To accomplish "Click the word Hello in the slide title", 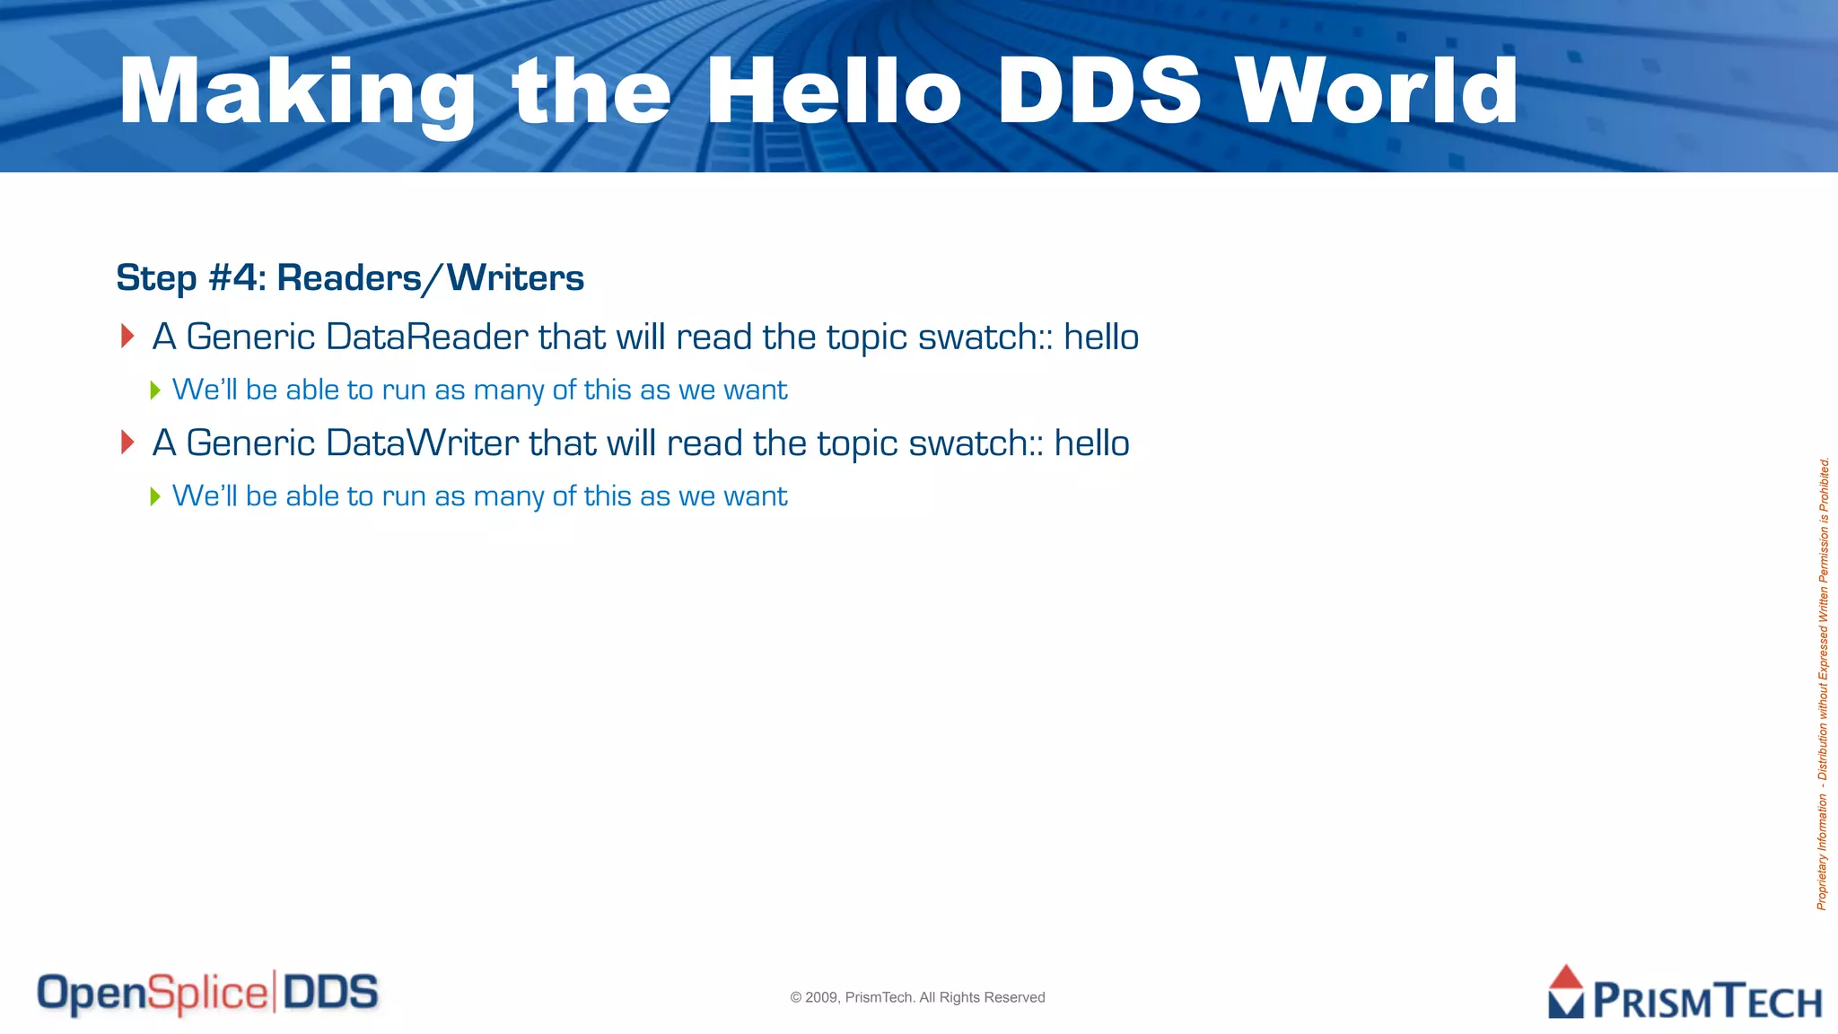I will (x=834, y=91).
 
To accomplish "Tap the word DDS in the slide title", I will (x=1098, y=91).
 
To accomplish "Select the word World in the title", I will (x=1376, y=91).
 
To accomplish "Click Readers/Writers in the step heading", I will (x=431, y=278).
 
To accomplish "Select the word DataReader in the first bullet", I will (x=427, y=337).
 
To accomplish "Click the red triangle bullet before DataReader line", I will (x=127, y=337).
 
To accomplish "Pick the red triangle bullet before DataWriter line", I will (x=127, y=443).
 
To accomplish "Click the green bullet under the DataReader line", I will (x=155, y=390).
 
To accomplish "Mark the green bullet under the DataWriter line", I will (x=155, y=496).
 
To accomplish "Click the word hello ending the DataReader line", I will (x=1101, y=337).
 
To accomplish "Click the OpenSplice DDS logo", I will (x=207, y=994).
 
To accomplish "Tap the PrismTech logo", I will (x=1685, y=994).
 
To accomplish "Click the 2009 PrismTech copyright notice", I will (x=917, y=997).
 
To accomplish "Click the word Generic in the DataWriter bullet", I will (x=250, y=443).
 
